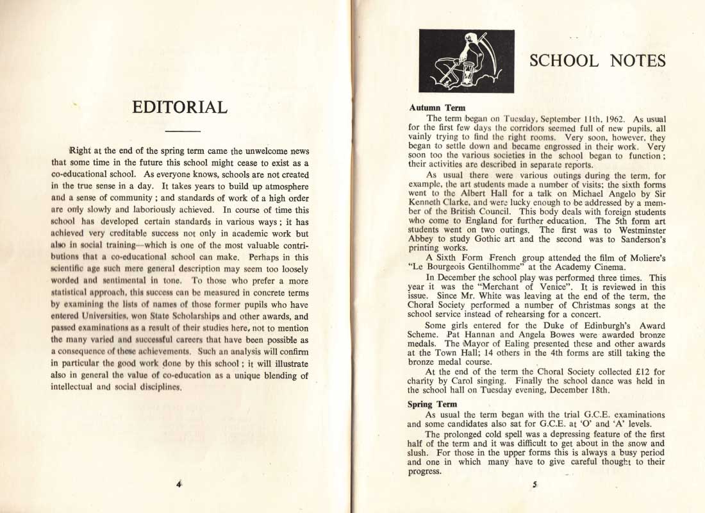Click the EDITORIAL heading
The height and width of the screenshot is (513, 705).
tap(179, 106)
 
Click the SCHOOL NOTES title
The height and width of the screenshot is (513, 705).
tap(597, 61)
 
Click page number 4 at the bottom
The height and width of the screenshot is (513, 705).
tap(179, 484)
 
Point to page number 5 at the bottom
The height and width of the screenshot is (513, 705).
tap(533, 485)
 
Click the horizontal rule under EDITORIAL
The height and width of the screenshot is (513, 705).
tap(179, 131)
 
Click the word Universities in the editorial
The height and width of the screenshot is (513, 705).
tap(116, 316)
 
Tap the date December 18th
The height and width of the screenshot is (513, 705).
tap(602, 390)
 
